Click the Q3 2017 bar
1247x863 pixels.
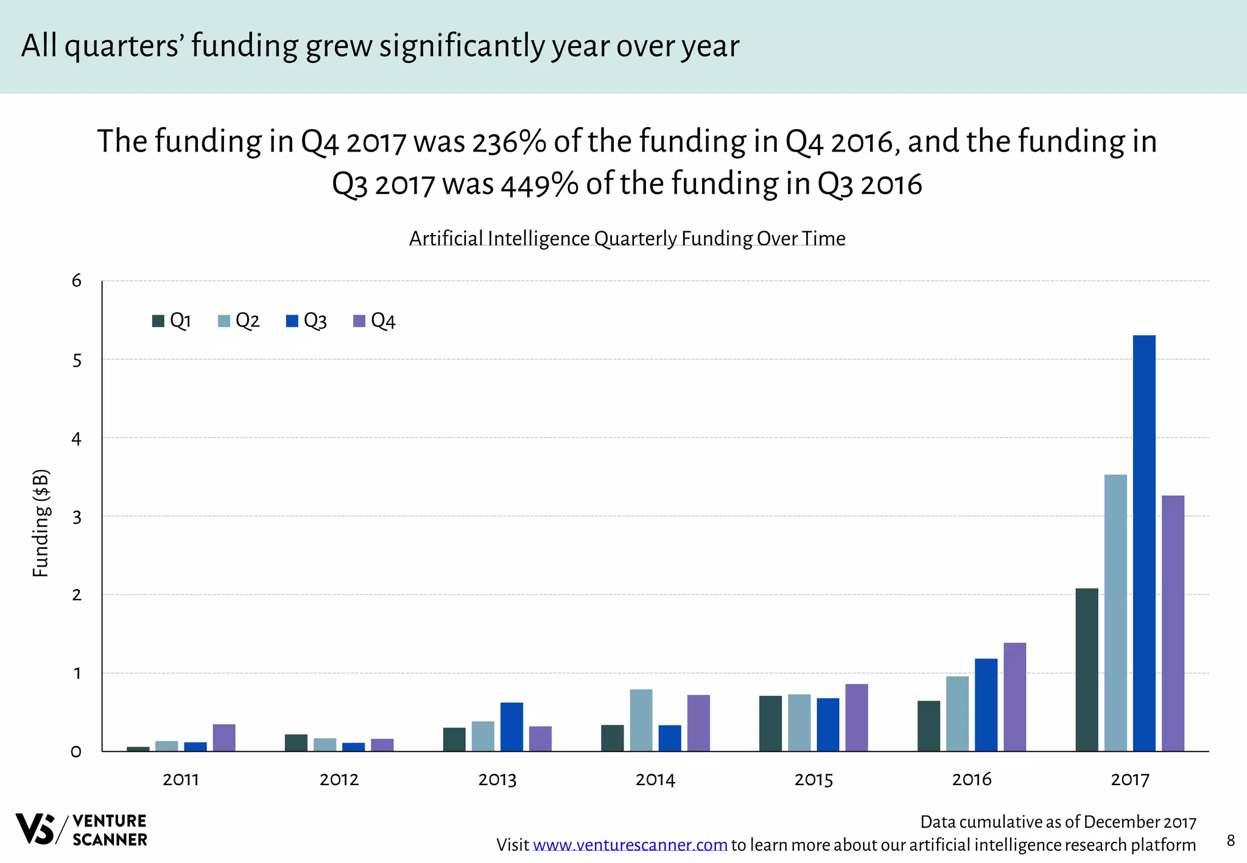(1143, 543)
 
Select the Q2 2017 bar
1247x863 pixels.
(1115, 612)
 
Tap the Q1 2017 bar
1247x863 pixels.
(1086, 669)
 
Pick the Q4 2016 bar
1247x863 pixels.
(1014, 697)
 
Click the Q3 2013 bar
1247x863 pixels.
(511, 727)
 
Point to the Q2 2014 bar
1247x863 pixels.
(641, 720)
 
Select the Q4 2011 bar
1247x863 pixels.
(224, 738)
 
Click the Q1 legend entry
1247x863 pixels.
(172, 321)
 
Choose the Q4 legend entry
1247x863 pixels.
(374, 321)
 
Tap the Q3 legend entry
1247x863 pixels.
(306, 321)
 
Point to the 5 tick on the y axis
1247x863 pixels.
(77, 361)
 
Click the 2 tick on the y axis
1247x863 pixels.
(77, 595)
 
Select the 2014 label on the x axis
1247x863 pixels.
(655, 780)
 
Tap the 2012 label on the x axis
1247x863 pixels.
(339, 780)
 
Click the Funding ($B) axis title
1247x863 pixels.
(41, 523)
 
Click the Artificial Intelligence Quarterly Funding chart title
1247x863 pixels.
(627, 238)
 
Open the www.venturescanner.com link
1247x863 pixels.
(630, 845)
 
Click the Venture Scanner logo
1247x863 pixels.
(81, 830)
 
